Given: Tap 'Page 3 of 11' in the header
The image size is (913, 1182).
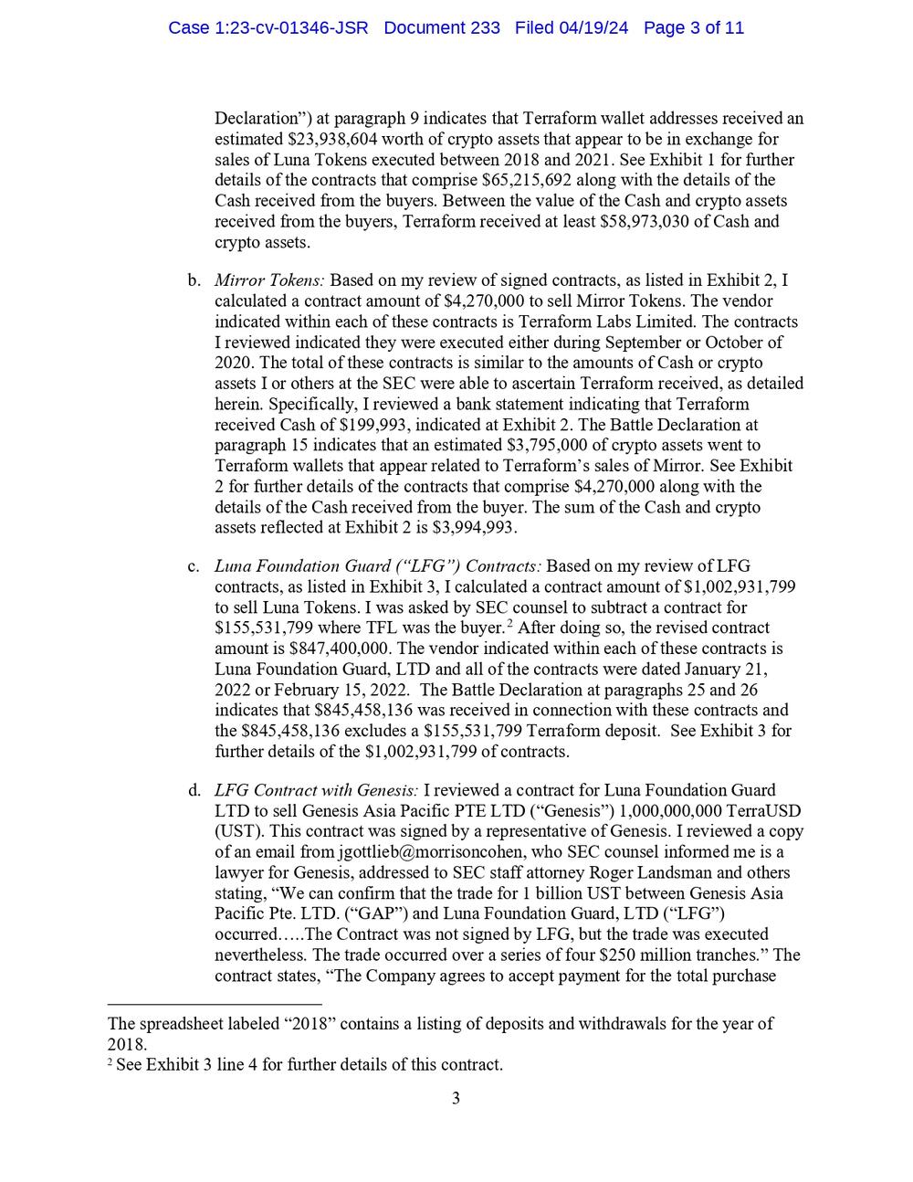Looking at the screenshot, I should pyautogui.click(x=694, y=28).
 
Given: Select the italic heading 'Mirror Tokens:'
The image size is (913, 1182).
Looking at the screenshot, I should pyautogui.click(x=269, y=280).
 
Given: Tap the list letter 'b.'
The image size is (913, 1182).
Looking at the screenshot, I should pyautogui.click(x=194, y=280).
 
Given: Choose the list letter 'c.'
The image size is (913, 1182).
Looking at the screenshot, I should pyautogui.click(x=194, y=566).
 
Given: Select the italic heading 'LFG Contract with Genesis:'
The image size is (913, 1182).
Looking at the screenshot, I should pyautogui.click(x=317, y=790).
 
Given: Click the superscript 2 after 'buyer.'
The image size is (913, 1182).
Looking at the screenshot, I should pyautogui.click(x=509, y=625).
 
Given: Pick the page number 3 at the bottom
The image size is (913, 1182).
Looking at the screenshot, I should pyautogui.click(x=456, y=1098).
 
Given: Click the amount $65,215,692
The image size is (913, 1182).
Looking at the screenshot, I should pyautogui.click(x=473, y=181).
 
